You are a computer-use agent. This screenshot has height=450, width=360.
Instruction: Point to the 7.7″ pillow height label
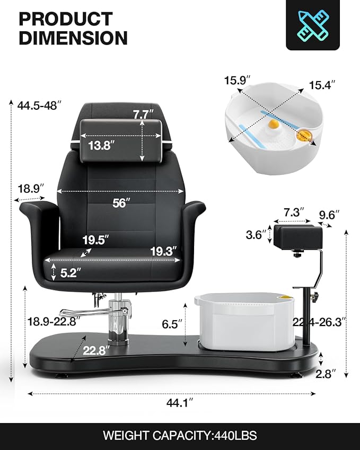click(x=143, y=114)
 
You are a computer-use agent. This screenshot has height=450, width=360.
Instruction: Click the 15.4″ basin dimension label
click(x=323, y=85)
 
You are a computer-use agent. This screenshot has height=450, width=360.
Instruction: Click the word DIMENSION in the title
click(x=73, y=38)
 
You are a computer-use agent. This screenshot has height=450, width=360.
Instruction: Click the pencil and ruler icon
click(x=313, y=24)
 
